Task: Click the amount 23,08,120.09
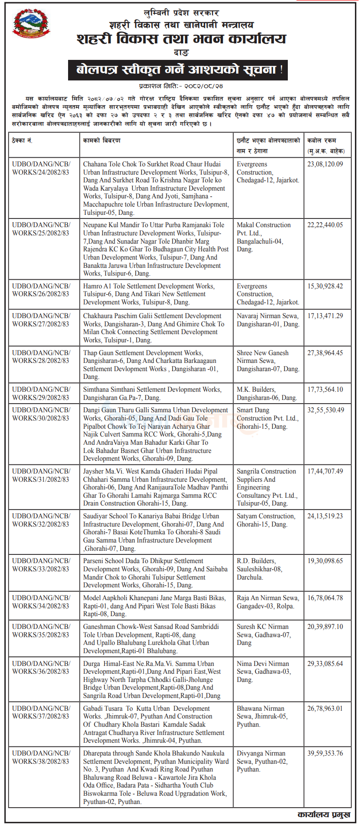point(325,164)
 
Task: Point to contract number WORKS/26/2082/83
point(41,290)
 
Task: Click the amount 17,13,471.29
point(325,316)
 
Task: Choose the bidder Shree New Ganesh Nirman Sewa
point(267,361)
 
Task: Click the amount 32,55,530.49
point(325,410)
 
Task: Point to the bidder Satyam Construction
point(266,516)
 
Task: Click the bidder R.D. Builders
point(256,561)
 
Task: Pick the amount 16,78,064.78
point(325,598)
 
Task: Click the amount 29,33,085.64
point(325,664)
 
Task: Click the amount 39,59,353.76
point(325,753)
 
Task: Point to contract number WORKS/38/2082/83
point(41,757)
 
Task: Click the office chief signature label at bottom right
point(324,815)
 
